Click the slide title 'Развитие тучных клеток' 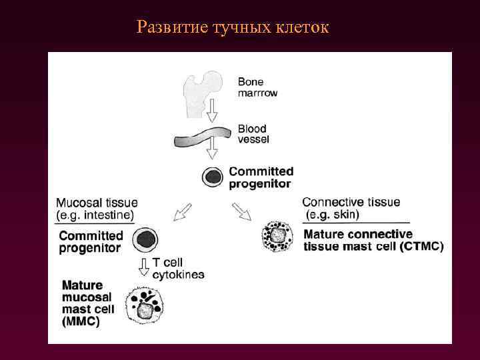point(233,27)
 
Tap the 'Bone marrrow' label point(257,87)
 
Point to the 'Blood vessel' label point(253,134)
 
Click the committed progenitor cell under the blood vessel point(213,176)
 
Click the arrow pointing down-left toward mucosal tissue point(182,211)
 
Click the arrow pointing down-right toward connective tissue point(242,211)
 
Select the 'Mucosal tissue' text point(97,203)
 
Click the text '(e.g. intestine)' point(95,215)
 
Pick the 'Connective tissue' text point(351,202)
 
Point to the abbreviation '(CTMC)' point(423,247)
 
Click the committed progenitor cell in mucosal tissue point(145,239)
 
